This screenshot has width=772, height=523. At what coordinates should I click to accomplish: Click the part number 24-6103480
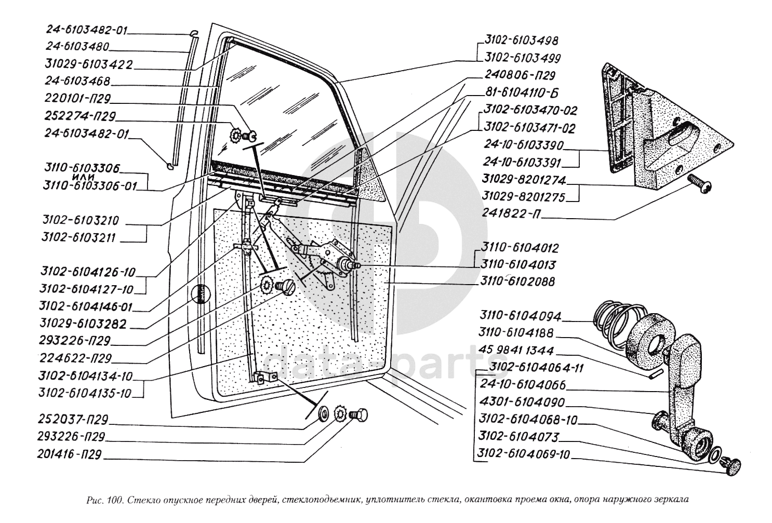[76, 47]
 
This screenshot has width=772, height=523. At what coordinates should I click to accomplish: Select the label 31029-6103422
[88, 64]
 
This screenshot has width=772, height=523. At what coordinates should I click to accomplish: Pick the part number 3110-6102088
[517, 281]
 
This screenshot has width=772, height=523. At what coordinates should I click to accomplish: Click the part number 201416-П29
[70, 454]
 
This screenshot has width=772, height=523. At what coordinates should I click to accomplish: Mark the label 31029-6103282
[83, 324]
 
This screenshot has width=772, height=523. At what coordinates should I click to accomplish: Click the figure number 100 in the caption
[115, 501]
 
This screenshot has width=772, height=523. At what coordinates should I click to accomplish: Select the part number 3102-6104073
[519, 437]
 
